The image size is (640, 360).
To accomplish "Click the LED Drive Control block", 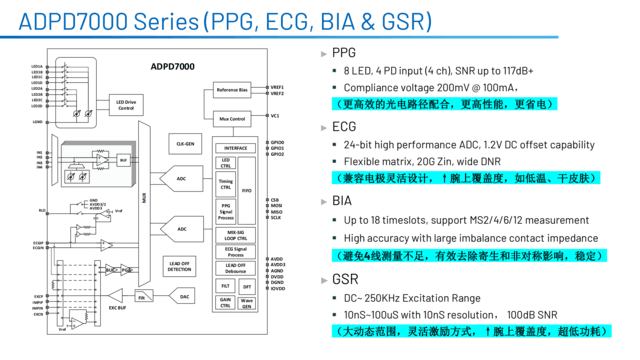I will coord(126,104).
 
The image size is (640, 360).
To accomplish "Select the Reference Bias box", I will coord(233,90).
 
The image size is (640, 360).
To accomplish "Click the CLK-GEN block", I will coord(183,143).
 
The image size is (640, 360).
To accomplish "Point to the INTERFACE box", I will coord(235,147).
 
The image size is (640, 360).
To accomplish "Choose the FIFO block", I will coord(246,189).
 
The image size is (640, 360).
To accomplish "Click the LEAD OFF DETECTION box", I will coord(181,268).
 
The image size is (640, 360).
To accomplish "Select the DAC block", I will coord(183,296).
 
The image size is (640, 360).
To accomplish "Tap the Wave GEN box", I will coord(246,303).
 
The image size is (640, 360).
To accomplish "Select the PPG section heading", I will coord(343,53).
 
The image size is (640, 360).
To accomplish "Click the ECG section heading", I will coord(343,127).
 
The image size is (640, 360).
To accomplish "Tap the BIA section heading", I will coord(342,201).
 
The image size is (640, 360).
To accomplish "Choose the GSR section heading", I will coord(344,279).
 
